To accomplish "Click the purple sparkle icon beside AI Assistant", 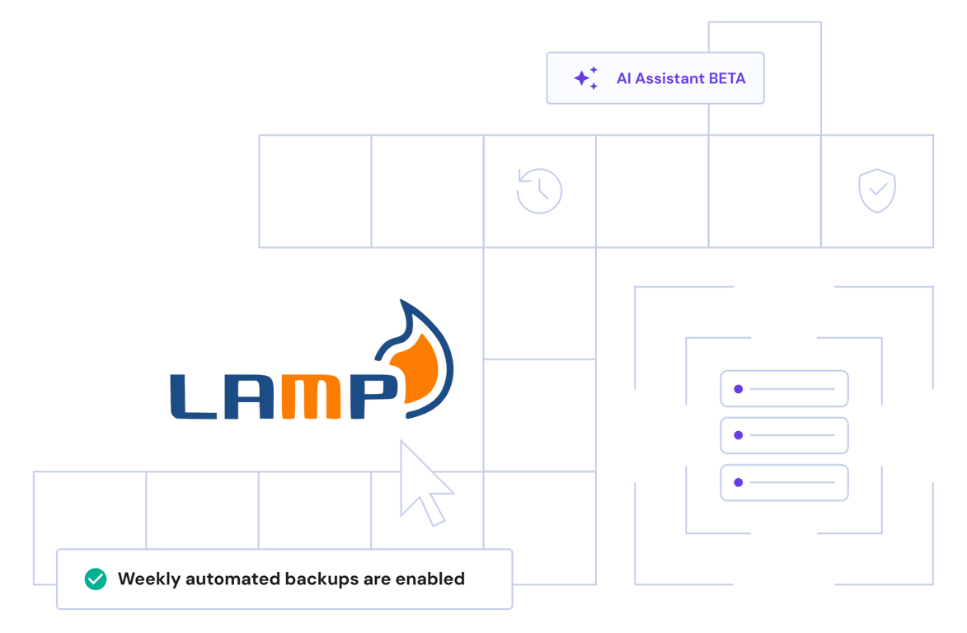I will [585, 78].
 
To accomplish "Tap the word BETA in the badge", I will [727, 79].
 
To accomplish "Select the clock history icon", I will [539, 191].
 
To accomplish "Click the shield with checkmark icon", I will [877, 191].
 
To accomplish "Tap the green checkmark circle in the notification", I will [96, 579].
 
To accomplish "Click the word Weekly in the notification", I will [149, 579].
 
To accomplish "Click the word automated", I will [236, 579].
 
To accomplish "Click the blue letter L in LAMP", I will [195, 398].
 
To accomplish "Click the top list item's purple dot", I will [738, 389].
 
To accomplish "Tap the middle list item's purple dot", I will [738, 435].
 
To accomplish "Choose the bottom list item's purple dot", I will [738, 482].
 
